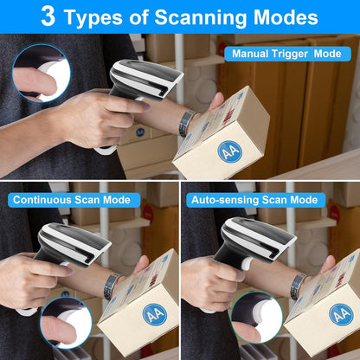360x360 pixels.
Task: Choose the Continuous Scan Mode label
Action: pyautogui.click(x=71, y=201)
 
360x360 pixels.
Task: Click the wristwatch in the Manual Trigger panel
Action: pyautogui.click(x=184, y=124)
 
